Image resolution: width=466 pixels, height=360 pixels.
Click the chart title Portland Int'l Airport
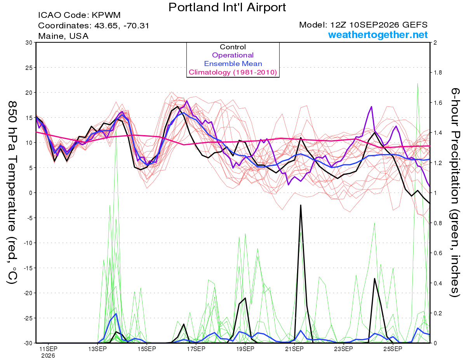click(227, 7)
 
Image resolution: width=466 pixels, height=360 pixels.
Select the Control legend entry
click(233, 47)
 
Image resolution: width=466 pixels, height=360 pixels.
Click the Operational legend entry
click(233, 55)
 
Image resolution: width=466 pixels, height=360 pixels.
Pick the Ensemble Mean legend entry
click(233, 64)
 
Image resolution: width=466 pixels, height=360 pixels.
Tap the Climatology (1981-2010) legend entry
click(233, 72)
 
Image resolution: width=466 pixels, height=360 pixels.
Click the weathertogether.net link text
click(378, 35)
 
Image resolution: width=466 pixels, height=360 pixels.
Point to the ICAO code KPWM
click(106, 15)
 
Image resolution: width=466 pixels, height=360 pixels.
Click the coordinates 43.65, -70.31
click(122, 26)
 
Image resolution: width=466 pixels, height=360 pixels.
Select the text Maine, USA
click(63, 36)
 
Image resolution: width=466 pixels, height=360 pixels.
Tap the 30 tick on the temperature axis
click(29, 43)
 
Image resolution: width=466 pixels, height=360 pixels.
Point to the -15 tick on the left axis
click(28, 268)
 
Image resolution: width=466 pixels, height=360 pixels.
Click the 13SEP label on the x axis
click(97, 349)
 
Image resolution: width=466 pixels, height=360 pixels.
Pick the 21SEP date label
click(294, 349)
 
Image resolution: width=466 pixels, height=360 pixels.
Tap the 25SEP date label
click(393, 349)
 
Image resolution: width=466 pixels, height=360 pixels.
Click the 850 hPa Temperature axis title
click(12, 193)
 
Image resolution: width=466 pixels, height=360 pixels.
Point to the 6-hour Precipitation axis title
click(455, 192)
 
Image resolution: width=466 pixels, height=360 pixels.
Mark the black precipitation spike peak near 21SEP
click(301, 205)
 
